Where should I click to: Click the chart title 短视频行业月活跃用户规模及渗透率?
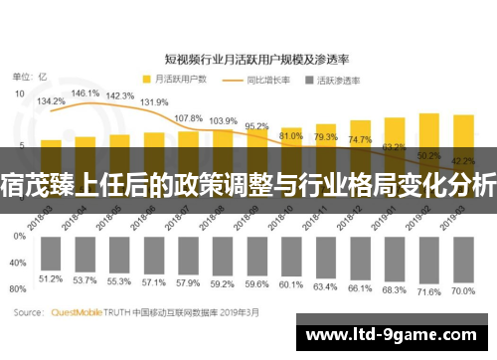tap(248, 58)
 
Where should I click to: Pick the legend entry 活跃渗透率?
tap(336, 78)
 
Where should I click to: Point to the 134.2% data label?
tap(51, 100)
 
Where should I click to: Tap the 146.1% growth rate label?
tap(85, 92)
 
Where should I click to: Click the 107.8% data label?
tap(189, 117)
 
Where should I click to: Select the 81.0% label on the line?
tap(291, 134)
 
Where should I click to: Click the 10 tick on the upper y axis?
tap(20, 94)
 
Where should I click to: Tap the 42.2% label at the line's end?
tap(462, 160)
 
